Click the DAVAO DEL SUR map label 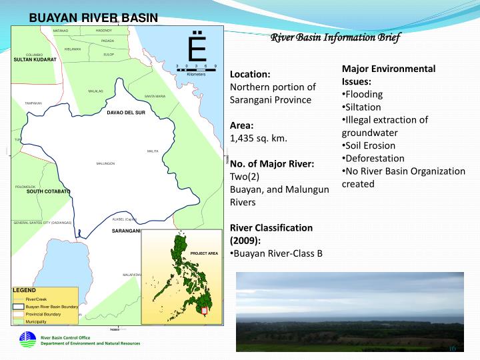pyautogui.click(x=126, y=113)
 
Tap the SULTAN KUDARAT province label pyautogui.click(x=35, y=60)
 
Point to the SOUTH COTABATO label pyautogui.click(x=49, y=191)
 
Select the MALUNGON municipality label pyautogui.click(x=105, y=163)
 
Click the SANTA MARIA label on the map pyautogui.click(x=155, y=97)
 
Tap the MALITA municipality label pyautogui.click(x=152, y=151)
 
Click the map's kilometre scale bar pyautogui.click(x=196, y=69)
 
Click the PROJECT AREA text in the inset pyautogui.click(x=204, y=254)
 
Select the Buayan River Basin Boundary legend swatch pyautogui.click(x=19, y=307)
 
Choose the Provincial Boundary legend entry pyautogui.click(x=43, y=313)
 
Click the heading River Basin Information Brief pyautogui.click(x=335, y=37)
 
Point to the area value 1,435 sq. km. pyautogui.click(x=258, y=138)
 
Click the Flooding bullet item pyautogui.click(x=363, y=94)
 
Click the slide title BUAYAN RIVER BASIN pyautogui.click(x=93, y=17)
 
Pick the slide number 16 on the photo pyautogui.click(x=451, y=349)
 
